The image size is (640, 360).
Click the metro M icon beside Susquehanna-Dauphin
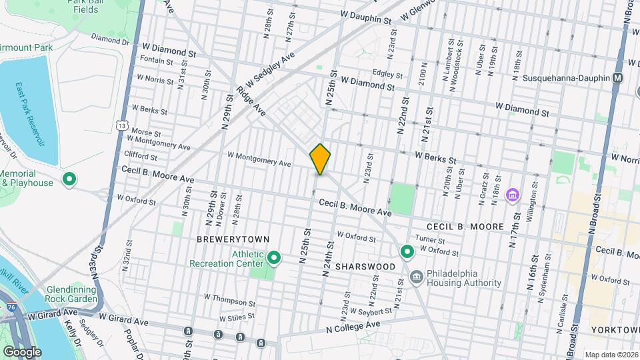[x=618, y=77]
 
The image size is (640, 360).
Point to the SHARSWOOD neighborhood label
[x=365, y=266]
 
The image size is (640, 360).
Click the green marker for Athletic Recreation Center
[x=273, y=257]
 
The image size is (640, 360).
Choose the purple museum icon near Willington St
[x=512, y=195]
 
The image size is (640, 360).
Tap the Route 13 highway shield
[x=121, y=125]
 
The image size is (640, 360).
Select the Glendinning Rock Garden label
[x=64, y=294]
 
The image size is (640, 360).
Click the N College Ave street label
[x=353, y=327]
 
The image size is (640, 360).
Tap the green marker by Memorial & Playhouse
[x=69, y=179]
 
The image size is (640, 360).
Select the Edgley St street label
[x=387, y=73]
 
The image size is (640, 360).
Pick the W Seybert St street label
[x=370, y=312]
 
